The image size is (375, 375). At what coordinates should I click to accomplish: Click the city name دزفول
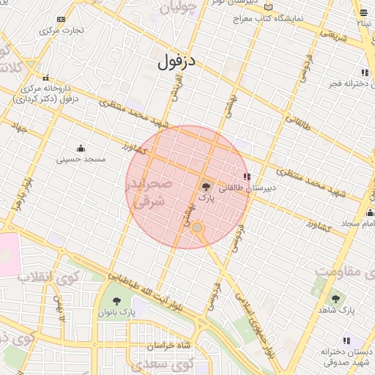click(x=177, y=62)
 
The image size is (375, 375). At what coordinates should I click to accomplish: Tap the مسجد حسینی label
click(x=83, y=158)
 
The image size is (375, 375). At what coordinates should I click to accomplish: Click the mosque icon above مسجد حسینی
click(x=80, y=148)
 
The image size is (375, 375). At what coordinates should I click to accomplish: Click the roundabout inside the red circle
click(x=197, y=229)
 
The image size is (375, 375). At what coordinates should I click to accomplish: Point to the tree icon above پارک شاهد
click(x=336, y=298)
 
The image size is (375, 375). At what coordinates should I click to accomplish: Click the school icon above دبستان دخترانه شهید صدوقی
click(x=346, y=341)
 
